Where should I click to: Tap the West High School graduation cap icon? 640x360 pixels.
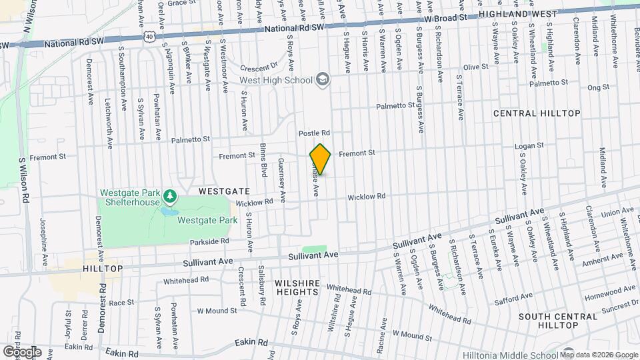tap(323, 80)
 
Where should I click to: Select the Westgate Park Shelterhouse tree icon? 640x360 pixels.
tap(170, 195)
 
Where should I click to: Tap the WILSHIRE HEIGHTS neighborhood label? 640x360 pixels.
tap(297, 287)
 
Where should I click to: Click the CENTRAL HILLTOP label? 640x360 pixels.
tap(537, 114)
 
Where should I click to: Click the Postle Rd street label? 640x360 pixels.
tap(315, 133)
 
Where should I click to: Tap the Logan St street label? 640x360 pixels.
tap(531, 145)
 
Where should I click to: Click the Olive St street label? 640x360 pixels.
tap(477, 67)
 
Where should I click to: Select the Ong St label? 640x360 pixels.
tap(599, 87)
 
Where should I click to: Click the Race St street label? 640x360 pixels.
tap(122, 302)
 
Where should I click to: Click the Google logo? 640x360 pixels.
tap(22, 351)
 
